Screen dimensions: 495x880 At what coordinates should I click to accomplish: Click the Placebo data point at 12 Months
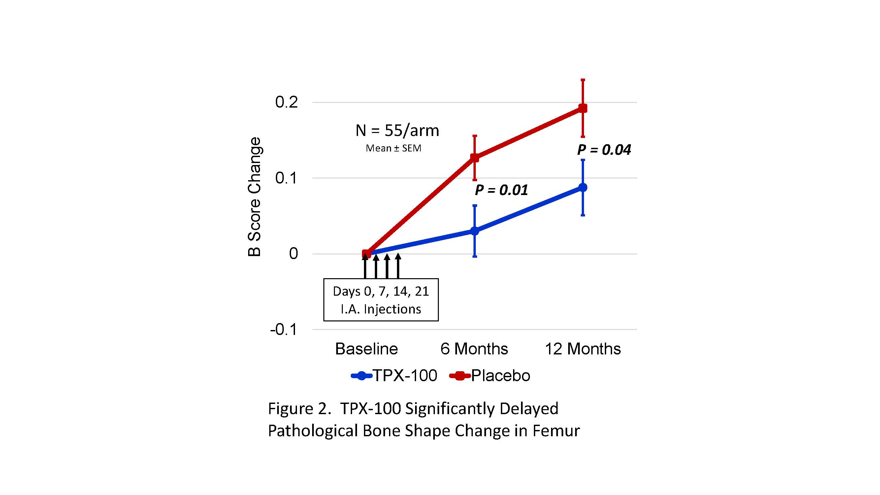click(583, 108)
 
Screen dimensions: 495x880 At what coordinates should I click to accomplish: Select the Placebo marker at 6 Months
click(474, 157)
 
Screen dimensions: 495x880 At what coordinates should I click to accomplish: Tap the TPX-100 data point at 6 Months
click(474, 231)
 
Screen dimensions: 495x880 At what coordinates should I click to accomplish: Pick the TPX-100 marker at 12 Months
click(583, 187)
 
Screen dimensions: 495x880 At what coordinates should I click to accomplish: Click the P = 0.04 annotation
click(603, 149)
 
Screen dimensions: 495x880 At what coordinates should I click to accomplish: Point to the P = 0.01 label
click(501, 190)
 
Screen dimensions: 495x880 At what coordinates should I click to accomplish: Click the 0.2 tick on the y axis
click(286, 102)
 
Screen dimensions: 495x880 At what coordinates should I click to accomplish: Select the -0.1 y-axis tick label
click(283, 330)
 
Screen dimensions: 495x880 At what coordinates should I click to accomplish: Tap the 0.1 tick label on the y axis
click(286, 178)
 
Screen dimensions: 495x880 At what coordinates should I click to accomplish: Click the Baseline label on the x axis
click(366, 349)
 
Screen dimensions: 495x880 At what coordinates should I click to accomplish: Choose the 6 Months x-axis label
click(474, 349)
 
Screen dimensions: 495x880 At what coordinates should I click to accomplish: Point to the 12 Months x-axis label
click(582, 349)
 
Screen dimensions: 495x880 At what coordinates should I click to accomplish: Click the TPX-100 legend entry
click(395, 376)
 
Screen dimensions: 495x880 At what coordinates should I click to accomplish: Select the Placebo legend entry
click(490, 376)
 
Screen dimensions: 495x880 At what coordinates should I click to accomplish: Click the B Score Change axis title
click(254, 197)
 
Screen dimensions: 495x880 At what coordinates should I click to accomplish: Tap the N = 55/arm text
click(397, 130)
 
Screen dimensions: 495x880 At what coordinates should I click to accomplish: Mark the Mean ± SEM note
click(393, 148)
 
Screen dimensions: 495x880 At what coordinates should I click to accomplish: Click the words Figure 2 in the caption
click(299, 409)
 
